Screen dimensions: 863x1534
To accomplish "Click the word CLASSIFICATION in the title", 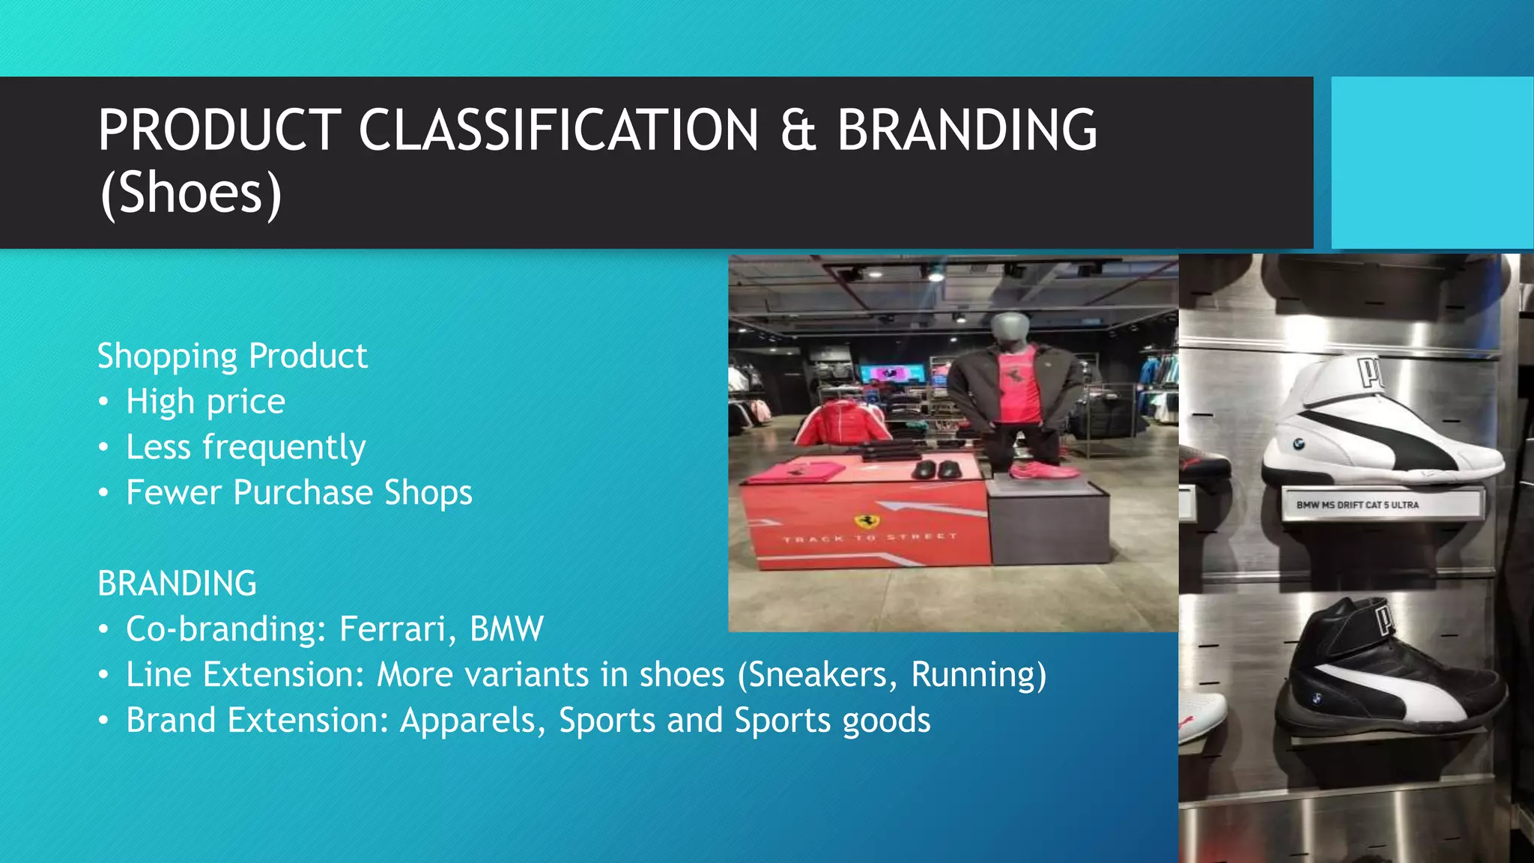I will (x=559, y=130).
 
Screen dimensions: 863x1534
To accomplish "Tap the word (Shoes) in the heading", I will (x=191, y=193).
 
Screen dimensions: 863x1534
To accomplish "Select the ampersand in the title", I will (x=798, y=130).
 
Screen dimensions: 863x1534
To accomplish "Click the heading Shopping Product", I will (x=232, y=356).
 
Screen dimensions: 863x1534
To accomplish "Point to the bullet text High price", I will (x=205, y=402).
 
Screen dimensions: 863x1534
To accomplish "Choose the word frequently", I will (x=284, y=448).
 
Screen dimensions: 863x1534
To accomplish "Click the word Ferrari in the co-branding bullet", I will (x=392, y=629).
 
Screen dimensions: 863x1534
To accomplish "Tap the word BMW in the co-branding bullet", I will (x=506, y=629).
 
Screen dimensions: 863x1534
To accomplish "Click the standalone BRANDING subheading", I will (x=177, y=584).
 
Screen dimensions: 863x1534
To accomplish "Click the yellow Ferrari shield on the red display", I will (x=866, y=521).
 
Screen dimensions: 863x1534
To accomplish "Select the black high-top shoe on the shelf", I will (x=1386, y=674).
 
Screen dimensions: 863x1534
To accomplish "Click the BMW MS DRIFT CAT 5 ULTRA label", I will (x=1357, y=505).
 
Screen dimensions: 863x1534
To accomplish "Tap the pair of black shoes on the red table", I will (x=936, y=470).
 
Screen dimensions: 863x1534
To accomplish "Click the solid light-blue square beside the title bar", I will (x=1432, y=163).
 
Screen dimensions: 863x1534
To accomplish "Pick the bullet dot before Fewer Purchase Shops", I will (x=104, y=493).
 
